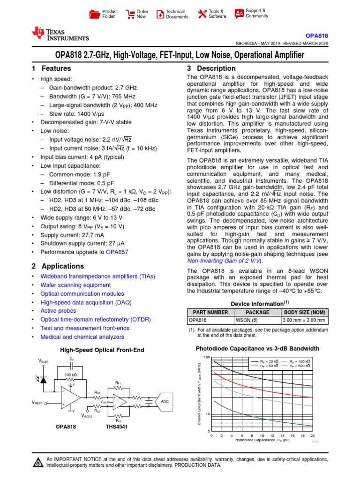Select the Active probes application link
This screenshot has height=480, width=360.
tap(59, 311)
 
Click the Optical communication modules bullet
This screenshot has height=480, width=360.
tap(77, 293)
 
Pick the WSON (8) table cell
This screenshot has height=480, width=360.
tap(257, 321)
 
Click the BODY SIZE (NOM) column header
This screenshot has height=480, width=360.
tap(304, 312)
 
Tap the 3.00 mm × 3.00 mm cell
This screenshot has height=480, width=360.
tap(304, 321)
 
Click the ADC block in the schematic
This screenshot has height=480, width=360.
tap(165, 402)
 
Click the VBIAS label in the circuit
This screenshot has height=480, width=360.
tap(43, 362)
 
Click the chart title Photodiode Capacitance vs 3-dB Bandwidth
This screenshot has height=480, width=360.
tap(257, 349)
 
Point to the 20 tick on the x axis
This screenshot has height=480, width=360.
tap(313, 435)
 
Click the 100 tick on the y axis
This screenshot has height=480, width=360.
tap(207, 357)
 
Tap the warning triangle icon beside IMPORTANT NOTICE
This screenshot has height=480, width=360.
tap(37, 463)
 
